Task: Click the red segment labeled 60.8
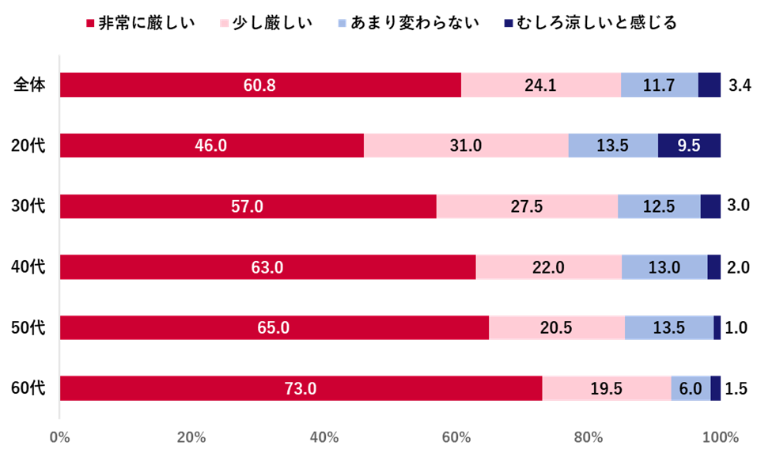pos(260,85)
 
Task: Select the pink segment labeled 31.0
pos(466,145)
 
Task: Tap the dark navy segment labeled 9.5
pos(689,145)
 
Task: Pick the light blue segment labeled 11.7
pos(659,85)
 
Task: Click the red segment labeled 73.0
pos(301,388)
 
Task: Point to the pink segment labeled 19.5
pos(606,388)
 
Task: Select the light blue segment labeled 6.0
pos(691,388)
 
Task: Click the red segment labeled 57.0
pos(248,206)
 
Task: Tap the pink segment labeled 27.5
pos(527,206)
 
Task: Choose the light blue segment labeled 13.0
pos(664,267)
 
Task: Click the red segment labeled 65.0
pos(274,327)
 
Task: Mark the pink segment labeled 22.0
pos(548,267)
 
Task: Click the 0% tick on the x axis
pos(59,437)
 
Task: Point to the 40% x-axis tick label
pos(324,437)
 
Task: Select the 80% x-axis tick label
pos(589,437)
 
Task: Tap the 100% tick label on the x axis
pos(720,437)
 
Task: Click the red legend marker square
pos(91,24)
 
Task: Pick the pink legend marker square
pos(225,24)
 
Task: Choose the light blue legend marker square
pos(342,24)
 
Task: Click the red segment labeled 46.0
pos(211,145)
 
